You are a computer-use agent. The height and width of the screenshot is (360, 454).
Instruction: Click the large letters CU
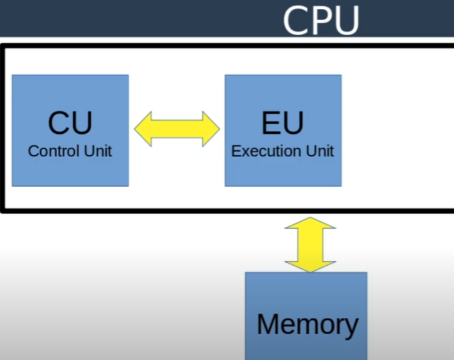(x=70, y=123)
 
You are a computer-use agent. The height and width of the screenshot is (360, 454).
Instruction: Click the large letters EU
(x=282, y=123)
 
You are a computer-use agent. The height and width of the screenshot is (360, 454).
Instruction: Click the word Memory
(x=307, y=324)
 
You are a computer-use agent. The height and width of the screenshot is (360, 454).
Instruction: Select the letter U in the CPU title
(x=346, y=21)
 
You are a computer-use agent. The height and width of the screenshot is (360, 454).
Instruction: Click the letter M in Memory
(x=269, y=324)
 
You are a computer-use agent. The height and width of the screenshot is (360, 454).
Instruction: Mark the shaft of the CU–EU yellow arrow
(x=177, y=129)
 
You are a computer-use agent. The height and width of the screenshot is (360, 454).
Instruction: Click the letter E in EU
(x=271, y=123)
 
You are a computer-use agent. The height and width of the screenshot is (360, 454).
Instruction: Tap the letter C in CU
(x=58, y=123)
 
